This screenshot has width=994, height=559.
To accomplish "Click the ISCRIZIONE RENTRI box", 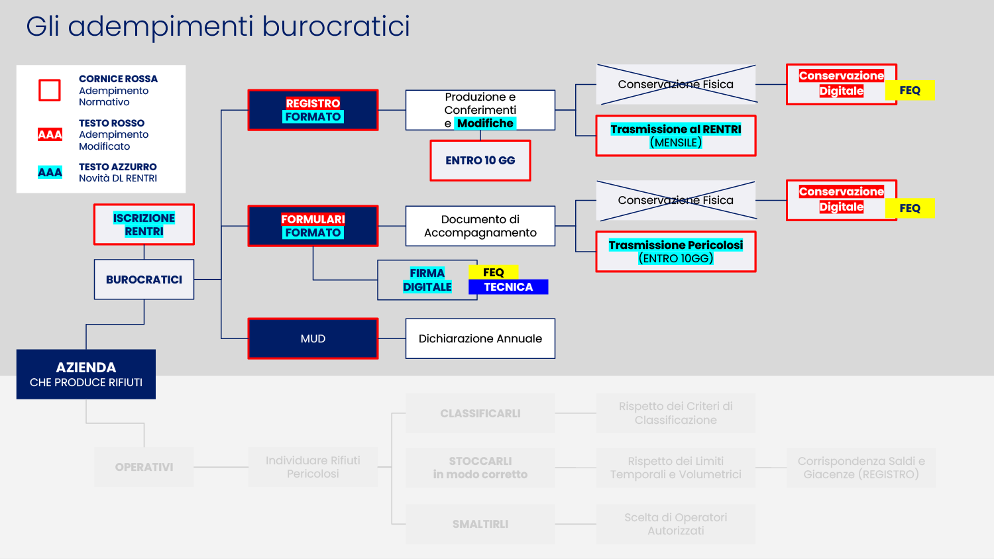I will pyautogui.click(x=144, y=225).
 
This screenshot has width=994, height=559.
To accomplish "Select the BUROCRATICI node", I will pyautogui.click(x=144, y=279).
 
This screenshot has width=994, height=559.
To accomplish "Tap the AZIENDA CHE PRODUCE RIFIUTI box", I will pyautogui.click(x=86, y=374).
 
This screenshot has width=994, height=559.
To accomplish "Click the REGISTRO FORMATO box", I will pyautogui.click(x=313, y=110).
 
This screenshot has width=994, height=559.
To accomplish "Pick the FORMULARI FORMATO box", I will pyautogui.click(x=313, y=226).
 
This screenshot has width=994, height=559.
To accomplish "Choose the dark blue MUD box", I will pyautogui.click(x=313, y=338).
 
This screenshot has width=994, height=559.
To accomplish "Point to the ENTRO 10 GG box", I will pyautogui.click(x=480, y=160).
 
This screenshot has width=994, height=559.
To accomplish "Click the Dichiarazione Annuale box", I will pyautogui.click(x=480, y=338).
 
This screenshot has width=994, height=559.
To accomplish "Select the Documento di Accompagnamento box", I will pyautogui.click(x=480, y=226).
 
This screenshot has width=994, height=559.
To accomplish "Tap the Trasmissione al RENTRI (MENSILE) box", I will pyautogui.click(x=676, y=136).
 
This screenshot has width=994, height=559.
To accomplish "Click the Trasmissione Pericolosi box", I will pyautogui.click(x=676, y=252).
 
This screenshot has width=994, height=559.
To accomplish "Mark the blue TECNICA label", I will pyautogui.click(x=508, y=287).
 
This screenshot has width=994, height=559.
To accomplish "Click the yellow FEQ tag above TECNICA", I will pyautogui.click(x=494, y=272).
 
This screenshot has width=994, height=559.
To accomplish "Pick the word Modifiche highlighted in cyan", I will pyautogui.click(x=485, y=123).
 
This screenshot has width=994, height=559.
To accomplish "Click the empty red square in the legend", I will pyautogui.click(x=50, y=90).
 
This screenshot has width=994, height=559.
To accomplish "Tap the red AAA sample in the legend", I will pyautogui.click(x=50, y=134).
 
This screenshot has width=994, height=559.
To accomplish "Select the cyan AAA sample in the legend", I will pyautogui.click(x=50, y=172).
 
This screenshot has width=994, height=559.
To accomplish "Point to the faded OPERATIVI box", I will pyautogui.click(x=144, y=467).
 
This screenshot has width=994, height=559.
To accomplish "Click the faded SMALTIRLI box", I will pyautogui.click(x=480, y=524).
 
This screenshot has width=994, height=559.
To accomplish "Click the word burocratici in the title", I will pyautogui.click(x=336, y=26).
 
